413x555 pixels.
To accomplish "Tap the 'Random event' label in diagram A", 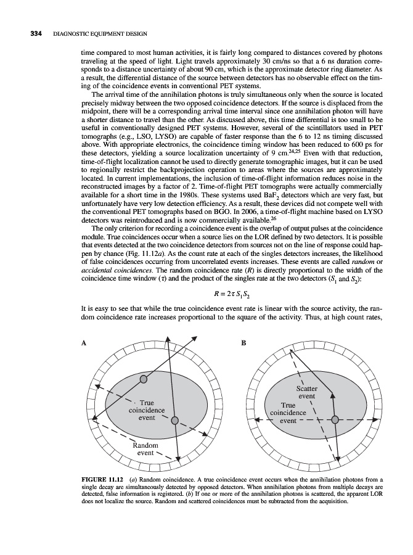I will (x=145, y=449).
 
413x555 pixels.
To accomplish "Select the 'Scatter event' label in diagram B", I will (x=306, y=393).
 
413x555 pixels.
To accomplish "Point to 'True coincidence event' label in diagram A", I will (x=146, y=410).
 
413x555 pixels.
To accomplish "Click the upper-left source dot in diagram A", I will (x=144, y=379).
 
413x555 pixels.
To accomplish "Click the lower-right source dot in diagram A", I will (x=176, y=421).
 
